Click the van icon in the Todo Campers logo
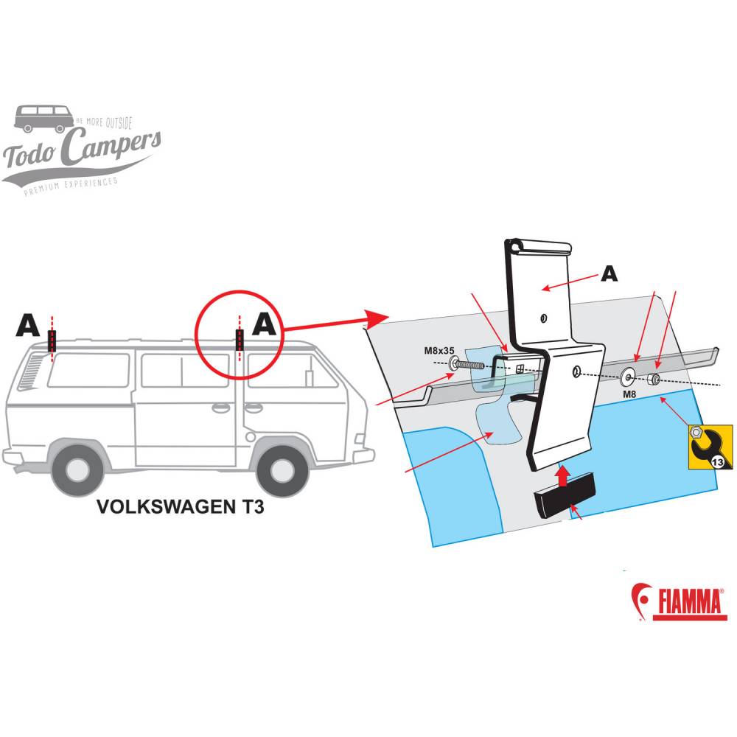coord(43,119)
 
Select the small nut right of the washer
coord(652,380)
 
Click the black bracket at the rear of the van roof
coord(52,340)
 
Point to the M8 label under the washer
coord(630,394)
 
